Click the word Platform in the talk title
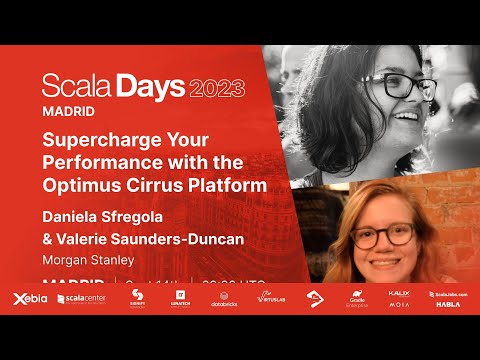231,185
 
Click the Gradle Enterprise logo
357,299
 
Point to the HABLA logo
447,304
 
